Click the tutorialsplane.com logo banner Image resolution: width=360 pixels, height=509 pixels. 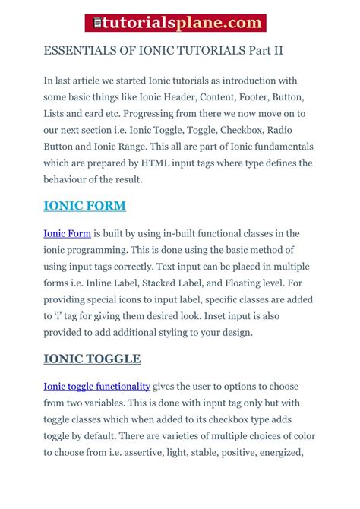pyautogui.click(x=179, y=24)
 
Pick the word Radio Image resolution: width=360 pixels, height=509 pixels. pyautogui.click(x=297, y=130)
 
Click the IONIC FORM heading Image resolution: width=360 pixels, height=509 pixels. pyautogui.click(x=85, y=206)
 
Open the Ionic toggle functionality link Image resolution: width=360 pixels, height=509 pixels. pyautogui.click(x=97, y=387)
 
